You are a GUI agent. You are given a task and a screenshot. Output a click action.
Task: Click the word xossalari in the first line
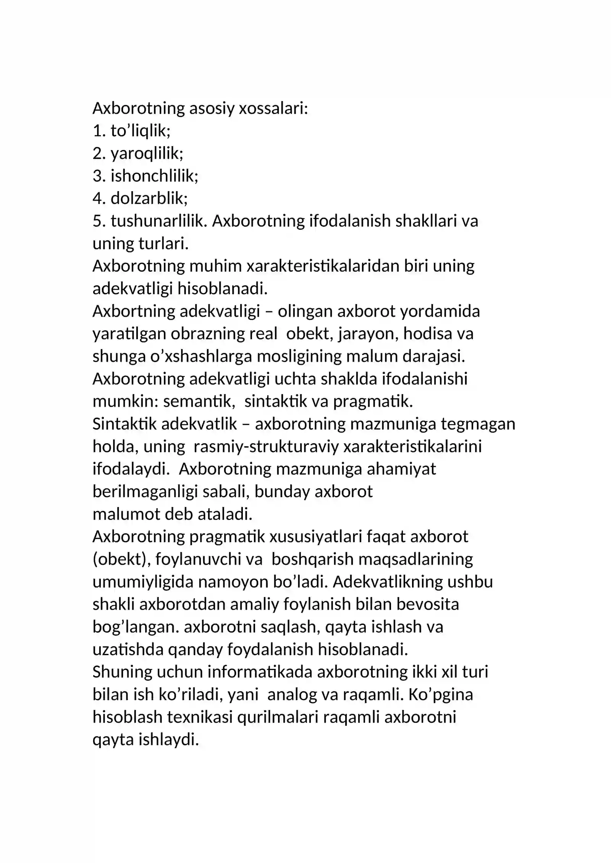pyautogui.click(x=273, y=108)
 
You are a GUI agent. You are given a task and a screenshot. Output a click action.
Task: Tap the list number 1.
pyautogui.click(x=97, y=131)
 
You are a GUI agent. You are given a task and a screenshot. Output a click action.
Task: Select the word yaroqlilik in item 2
pyautogui.click(x=147, y=153)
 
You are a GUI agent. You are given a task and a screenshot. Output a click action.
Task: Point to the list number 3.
pyautogui.click(x=98, y=176)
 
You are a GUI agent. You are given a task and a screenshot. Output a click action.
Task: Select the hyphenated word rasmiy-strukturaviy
pyautogui.click(x=266, y=446)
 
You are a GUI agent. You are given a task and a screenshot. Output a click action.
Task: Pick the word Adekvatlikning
pyautogui.click(x=387, y=582)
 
